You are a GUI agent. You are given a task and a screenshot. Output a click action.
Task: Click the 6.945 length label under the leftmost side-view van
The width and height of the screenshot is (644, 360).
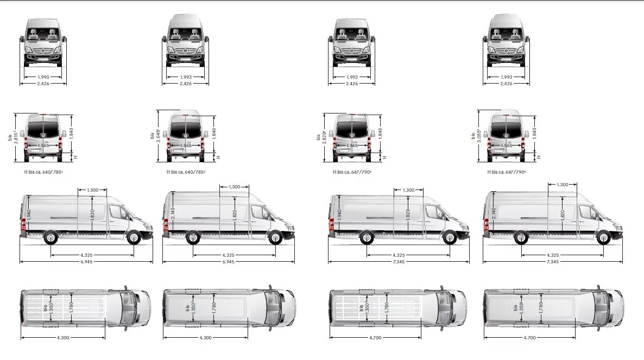tap(86, 262)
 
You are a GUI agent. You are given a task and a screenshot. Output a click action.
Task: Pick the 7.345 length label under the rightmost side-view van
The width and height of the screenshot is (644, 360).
tap(553, 262)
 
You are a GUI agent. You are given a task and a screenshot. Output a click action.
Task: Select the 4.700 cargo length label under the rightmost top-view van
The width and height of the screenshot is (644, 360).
tap(531, 338)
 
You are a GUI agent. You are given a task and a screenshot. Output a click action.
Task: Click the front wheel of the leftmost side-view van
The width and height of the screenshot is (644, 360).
tap(134, 237)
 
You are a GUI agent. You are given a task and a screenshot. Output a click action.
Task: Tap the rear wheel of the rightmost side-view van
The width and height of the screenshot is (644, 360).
tap(521, 237)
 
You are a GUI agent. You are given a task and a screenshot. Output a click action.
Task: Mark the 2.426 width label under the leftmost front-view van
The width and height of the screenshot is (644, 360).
tap(43, 84)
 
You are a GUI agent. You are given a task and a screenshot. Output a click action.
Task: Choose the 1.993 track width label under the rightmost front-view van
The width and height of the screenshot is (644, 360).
tap(506, 77)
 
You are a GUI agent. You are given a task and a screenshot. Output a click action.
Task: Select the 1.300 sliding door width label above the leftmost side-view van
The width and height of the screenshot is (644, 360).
tap(92, 190)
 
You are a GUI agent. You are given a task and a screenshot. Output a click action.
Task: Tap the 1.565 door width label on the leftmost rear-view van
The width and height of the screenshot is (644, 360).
tap(43, 146)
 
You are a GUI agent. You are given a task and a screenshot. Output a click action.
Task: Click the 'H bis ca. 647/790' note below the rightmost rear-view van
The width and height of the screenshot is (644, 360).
tap(507, 172)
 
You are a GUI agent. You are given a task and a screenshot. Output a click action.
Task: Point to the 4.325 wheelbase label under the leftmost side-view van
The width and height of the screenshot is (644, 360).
tap(92, 255)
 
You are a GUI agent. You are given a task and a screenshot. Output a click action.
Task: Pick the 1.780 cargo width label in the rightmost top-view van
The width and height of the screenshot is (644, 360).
tap(541, 307)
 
